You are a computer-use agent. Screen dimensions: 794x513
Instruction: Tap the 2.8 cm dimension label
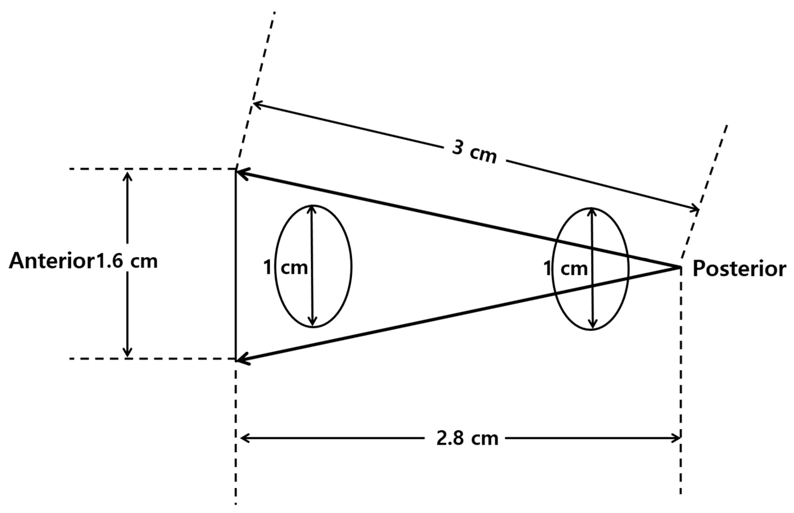467,439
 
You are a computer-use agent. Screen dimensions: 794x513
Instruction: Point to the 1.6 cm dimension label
127,261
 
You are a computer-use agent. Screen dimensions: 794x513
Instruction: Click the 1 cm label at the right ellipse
566,268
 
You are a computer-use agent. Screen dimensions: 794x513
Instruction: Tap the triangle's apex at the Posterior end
680,267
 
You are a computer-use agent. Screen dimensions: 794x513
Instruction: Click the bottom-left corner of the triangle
236,360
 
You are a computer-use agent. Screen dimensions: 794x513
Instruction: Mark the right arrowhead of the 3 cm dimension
696,209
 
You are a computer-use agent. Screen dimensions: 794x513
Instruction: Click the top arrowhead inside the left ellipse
311,208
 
